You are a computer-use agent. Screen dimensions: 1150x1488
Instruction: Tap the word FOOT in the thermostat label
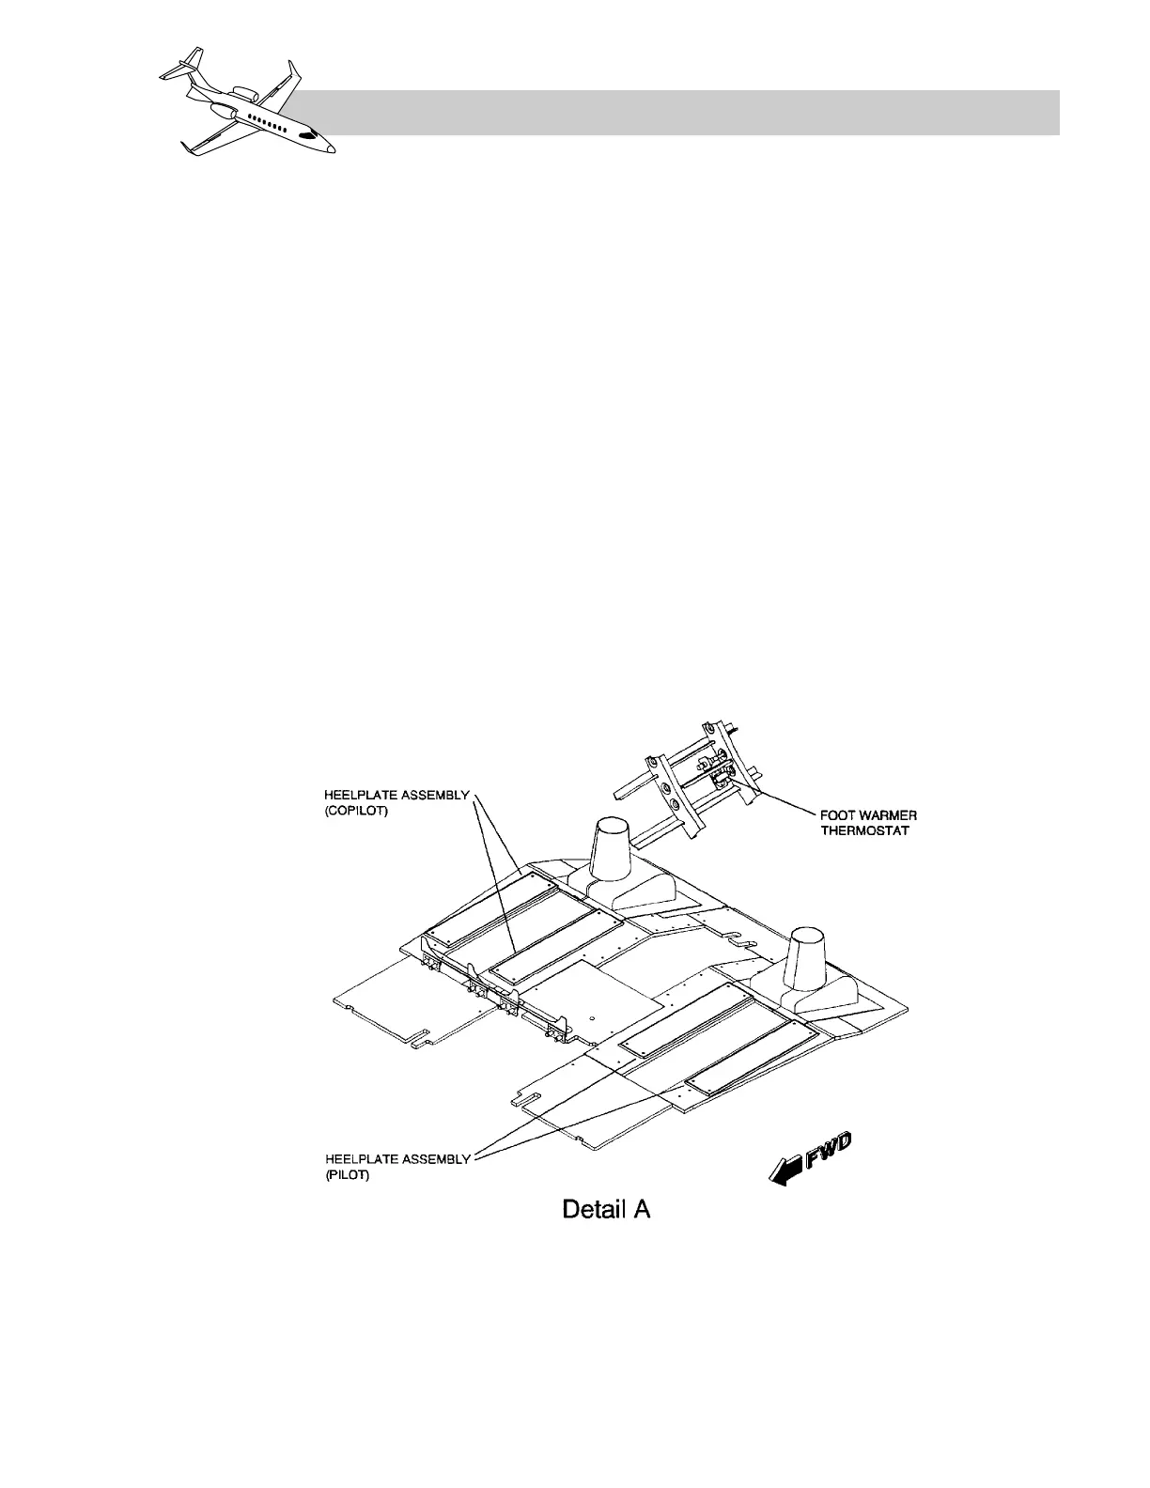[x=823, y=815]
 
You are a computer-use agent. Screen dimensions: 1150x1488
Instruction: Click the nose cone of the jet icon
[x=330, y=149]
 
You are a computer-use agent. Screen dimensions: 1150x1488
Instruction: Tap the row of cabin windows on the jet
[x=265, y=123]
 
